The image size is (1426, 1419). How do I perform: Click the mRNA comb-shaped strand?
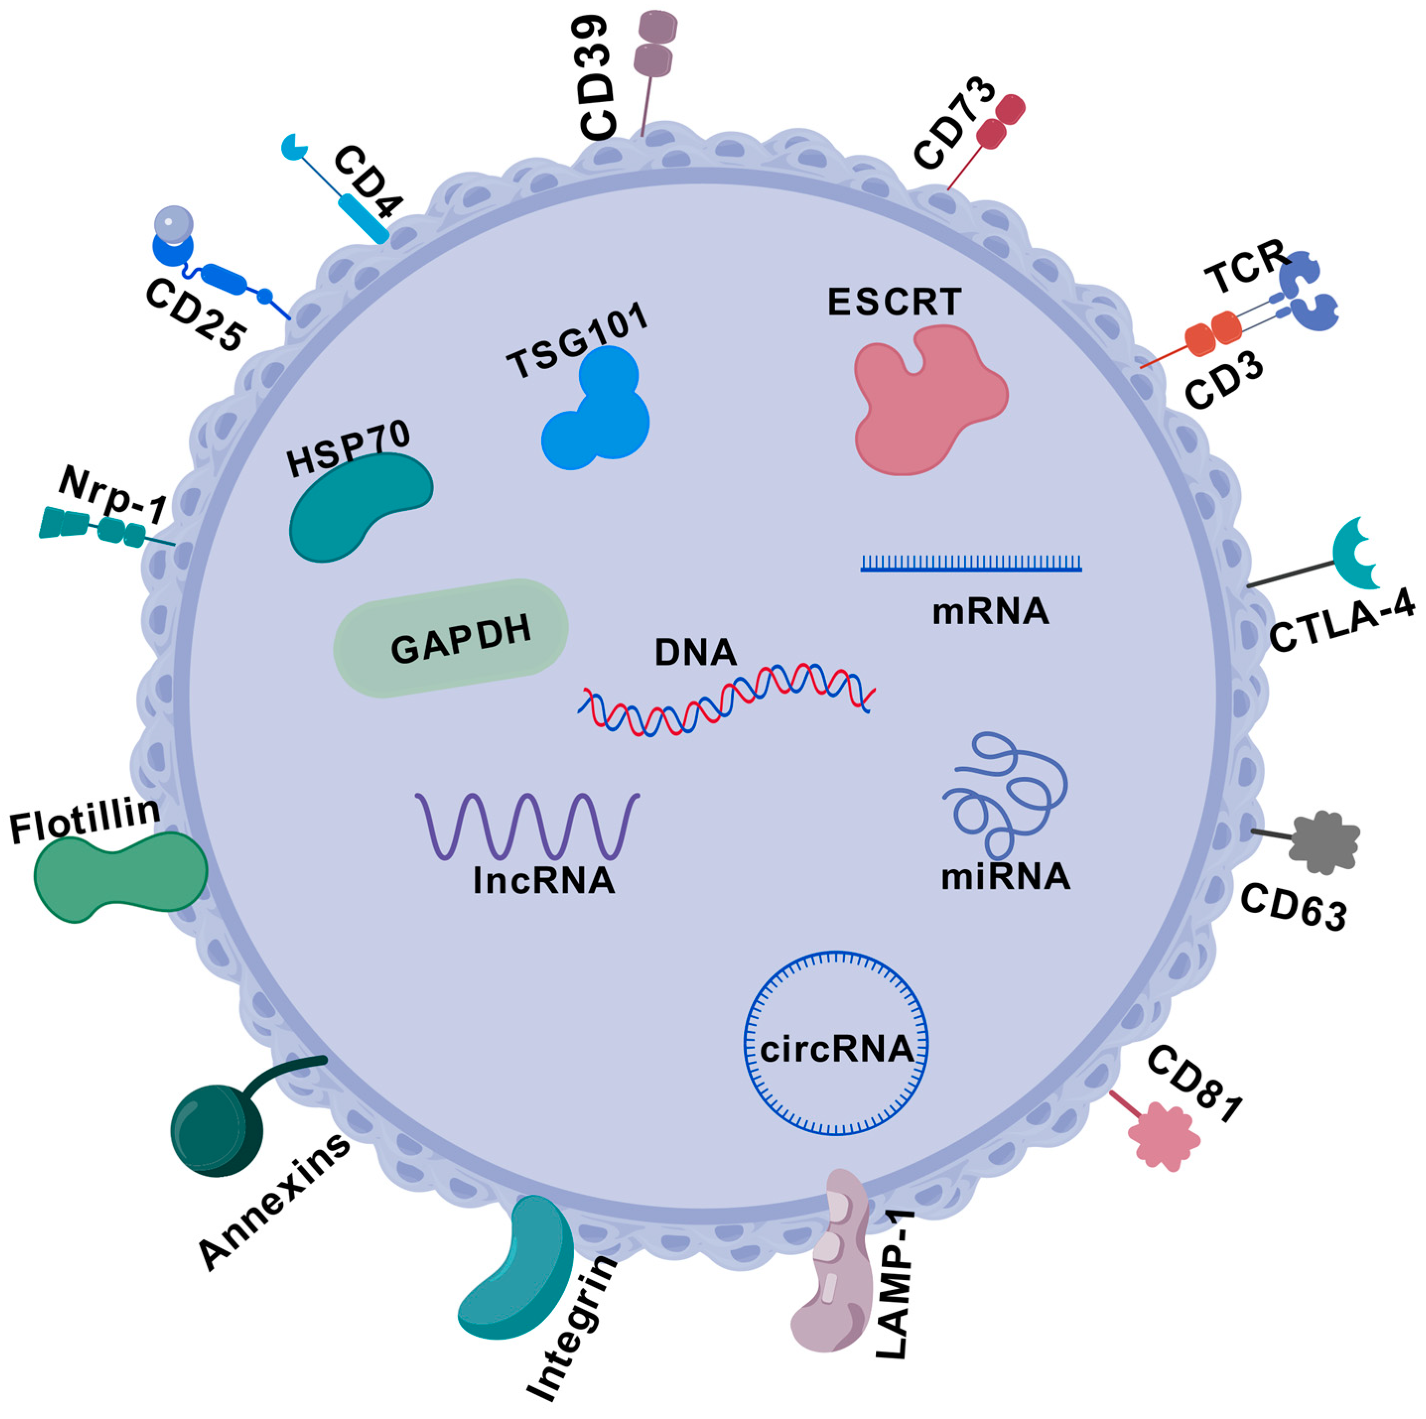click(971, 565)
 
